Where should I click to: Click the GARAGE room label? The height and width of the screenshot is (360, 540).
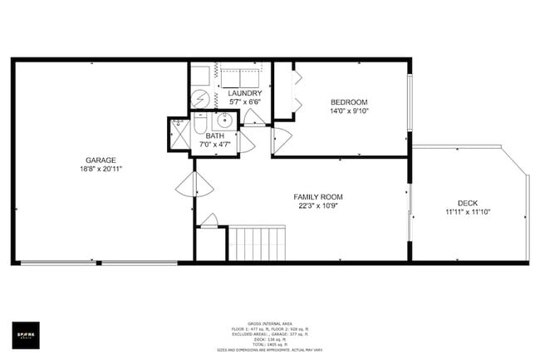point(101,160)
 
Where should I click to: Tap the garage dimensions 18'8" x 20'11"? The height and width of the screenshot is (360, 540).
point(101,169)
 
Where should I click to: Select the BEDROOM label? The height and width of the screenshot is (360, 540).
point(349,102)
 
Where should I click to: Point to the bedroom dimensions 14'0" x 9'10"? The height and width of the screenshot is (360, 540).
point(349,111)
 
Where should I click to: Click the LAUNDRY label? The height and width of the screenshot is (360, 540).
point(245,93)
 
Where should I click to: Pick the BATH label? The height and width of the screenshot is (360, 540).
point(215,136)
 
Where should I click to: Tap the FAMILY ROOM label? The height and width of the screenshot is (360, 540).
point(318,197)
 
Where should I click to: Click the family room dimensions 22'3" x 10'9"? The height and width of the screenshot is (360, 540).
point(318,206)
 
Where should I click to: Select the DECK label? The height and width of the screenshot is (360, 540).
point(468,203)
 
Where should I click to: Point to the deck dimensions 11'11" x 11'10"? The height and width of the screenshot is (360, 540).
point(468,212)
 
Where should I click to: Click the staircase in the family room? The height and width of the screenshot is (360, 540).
point(258,243)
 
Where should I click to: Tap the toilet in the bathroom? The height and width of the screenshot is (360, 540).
point(200,126)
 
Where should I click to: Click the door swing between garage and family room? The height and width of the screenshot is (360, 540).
point(193,185)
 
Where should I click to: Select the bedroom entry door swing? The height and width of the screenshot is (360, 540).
point(282,140)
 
